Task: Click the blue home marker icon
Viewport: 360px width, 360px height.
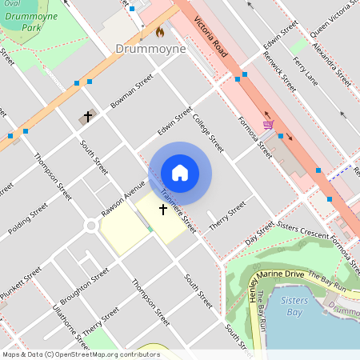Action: [x=180, y=173]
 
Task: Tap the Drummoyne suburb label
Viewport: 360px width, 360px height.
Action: [x=150, y=49]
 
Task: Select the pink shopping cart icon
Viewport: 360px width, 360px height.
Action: [x=268, y=124]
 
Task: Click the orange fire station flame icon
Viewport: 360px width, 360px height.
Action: [x=159, y=33]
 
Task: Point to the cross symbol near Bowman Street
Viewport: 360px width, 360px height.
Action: [x=87, y=117]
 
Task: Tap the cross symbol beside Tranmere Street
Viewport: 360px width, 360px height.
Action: [x=163, y=210]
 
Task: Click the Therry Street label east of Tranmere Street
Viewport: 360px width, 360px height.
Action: [x=226, y=218]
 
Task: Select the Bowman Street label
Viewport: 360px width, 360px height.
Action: [x=132, y=92]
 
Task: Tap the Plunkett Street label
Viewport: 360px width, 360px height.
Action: [x=20, y=285]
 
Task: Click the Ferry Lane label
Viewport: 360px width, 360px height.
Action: [x=306, y=71]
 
